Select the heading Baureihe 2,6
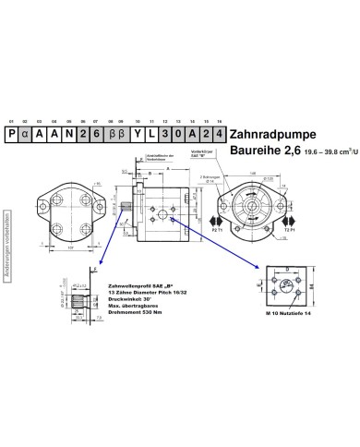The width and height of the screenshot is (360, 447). pyautogui.click(x=262, y=151)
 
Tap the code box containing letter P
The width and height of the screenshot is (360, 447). pyautogui.click(x=11, y=134)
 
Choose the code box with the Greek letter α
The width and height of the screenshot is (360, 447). pyautogui.click(x=25, y=134)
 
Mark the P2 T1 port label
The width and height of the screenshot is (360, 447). pyautogui.click(x=219, y=234)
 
